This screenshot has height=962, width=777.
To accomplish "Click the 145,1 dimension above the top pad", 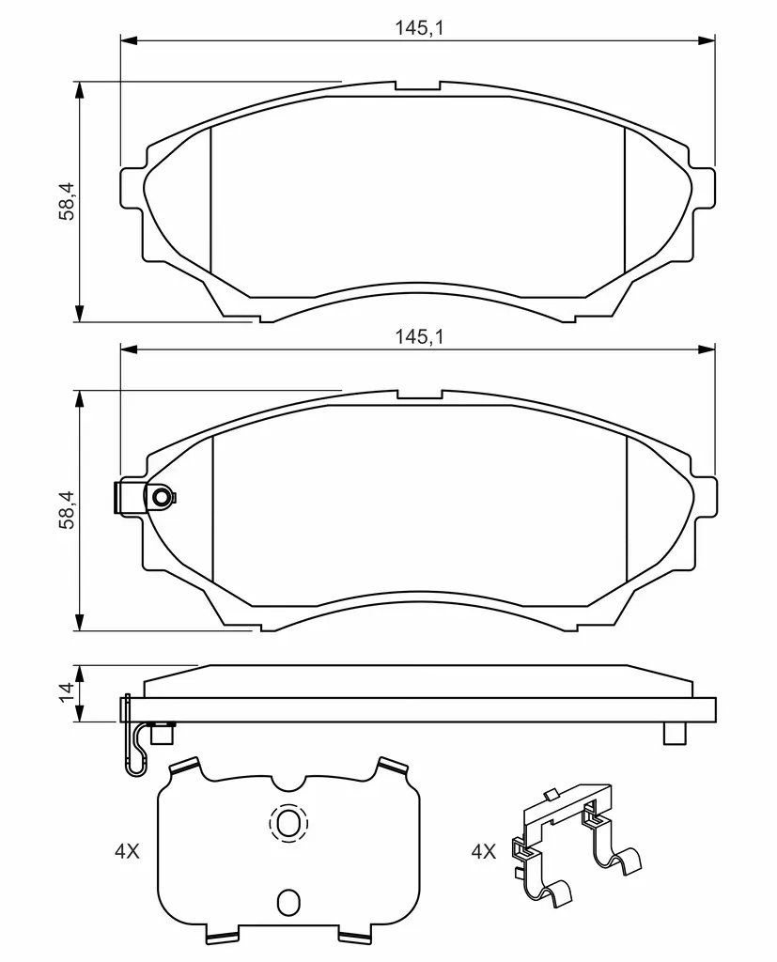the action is [x=419, y=27].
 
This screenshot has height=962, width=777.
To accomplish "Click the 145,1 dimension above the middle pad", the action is [x=419, y=336].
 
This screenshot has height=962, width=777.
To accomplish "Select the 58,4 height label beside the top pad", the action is [x=67, y=201].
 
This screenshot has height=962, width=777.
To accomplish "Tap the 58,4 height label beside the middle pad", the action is [x=67, y=510].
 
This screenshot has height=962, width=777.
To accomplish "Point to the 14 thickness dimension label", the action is [x=67, y=692].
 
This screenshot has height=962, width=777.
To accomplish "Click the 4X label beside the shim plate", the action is [x=127, y=851].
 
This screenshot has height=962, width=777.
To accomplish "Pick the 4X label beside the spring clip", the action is [x=484, y=851].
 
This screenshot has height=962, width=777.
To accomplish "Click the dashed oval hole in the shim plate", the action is [x=287, y=822].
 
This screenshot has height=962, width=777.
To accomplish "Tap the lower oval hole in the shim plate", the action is [x=287, y=901].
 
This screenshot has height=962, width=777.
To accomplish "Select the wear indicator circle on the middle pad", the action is [x=162, y=497].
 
